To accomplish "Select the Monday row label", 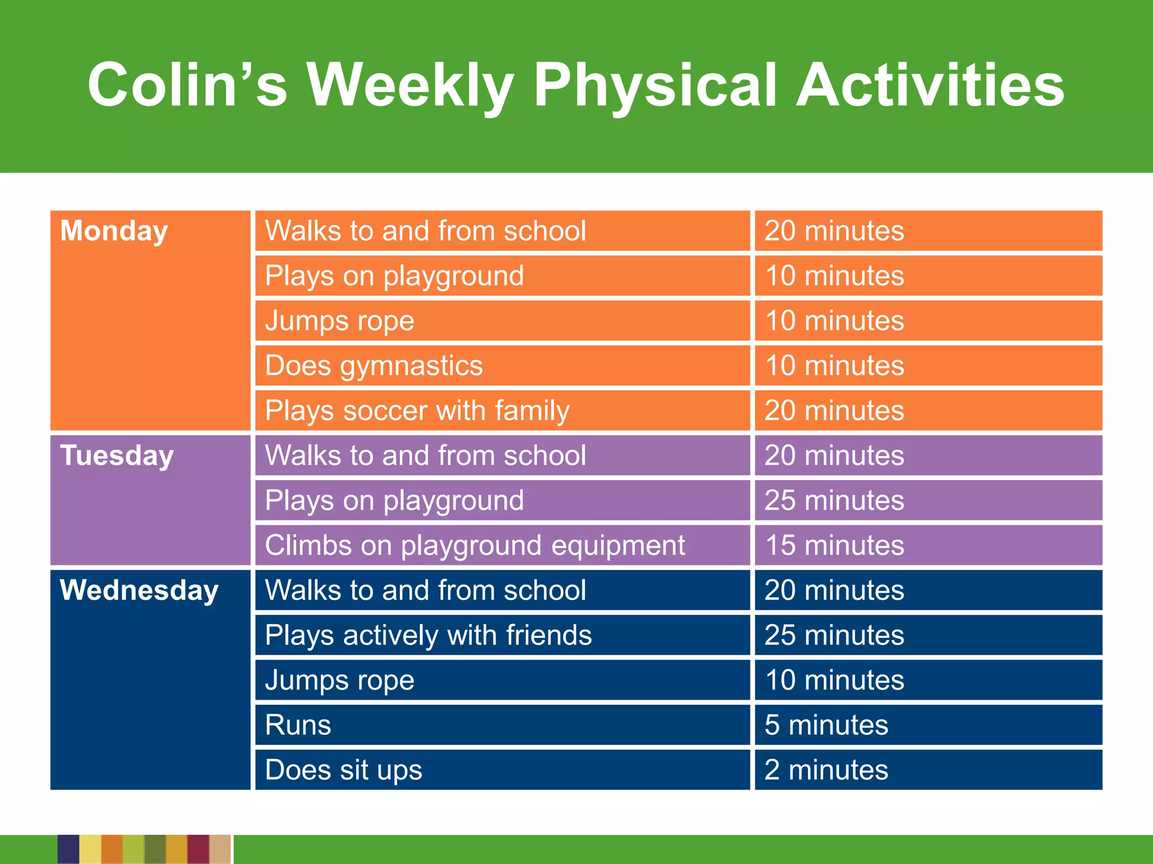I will pos(114,231).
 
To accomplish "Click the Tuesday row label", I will pos(117,456).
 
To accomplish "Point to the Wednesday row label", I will pos(139,591).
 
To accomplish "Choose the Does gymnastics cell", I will pos(374,366).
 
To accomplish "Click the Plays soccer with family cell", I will pos(417,411).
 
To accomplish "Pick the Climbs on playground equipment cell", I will pos(475,546).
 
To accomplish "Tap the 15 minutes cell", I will pos(834,546).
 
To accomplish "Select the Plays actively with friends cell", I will pos(428,636).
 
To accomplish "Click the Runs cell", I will pos(298,725).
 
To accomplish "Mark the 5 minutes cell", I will pos(826,725).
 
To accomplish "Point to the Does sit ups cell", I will pos(343,770).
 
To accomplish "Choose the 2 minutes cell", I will pos(826,770).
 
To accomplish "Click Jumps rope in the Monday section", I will pos(339,321).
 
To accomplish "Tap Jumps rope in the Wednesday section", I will pos(339,681).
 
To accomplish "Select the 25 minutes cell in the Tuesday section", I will pos(834,501).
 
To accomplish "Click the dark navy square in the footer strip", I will pos(68,849).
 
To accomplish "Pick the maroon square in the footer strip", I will pos(198,849).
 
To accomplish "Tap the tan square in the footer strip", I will pos(220,849).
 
